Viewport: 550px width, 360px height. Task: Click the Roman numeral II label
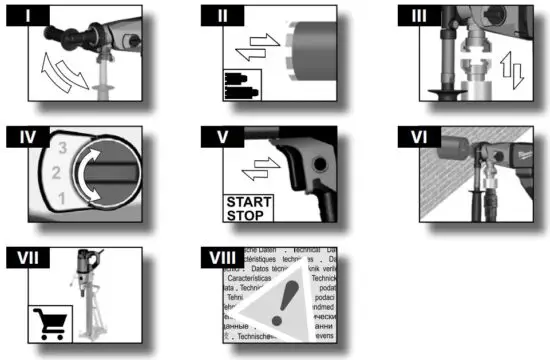tap(221, 15)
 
